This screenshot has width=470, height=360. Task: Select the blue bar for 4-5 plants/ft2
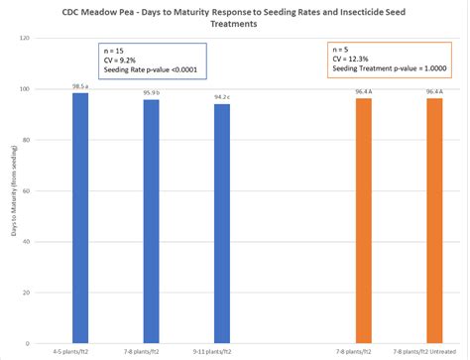pos(81,218)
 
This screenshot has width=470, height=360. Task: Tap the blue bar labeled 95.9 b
pos(151,222)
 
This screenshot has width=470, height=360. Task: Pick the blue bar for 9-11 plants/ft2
pos(221,224)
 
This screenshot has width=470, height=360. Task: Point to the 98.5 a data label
pos(81,87)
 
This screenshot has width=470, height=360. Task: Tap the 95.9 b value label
pos(151,93)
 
